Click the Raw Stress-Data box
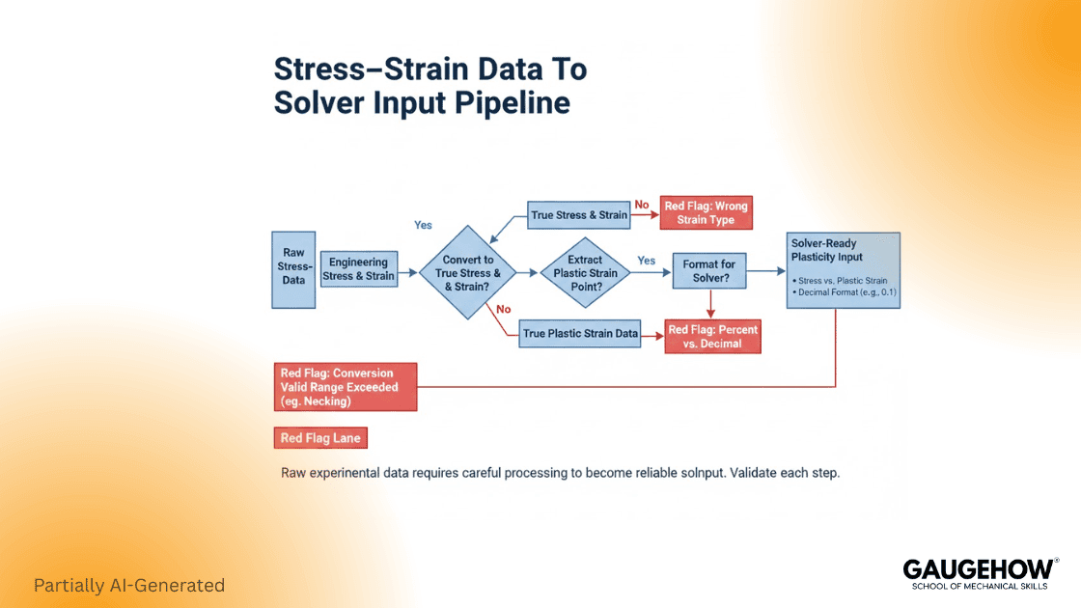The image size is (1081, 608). (294, 267)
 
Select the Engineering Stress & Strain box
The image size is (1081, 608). (358, 269)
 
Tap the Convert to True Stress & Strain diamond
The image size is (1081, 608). (467, 272)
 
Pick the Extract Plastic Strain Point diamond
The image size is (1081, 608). (585, 272)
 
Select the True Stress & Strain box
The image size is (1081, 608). (579, 214)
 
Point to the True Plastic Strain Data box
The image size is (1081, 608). (580, 334)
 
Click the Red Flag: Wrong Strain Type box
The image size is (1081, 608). (706, 213)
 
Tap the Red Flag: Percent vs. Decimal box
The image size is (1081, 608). (712, 336)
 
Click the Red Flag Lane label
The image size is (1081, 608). (320, 438)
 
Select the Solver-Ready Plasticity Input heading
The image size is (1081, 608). (827, 251)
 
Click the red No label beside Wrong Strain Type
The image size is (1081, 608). (642, 205)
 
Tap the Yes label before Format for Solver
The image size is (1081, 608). (646, 261)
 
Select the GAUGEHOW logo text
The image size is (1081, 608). (978, 569)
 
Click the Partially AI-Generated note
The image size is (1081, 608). (128, 585)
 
